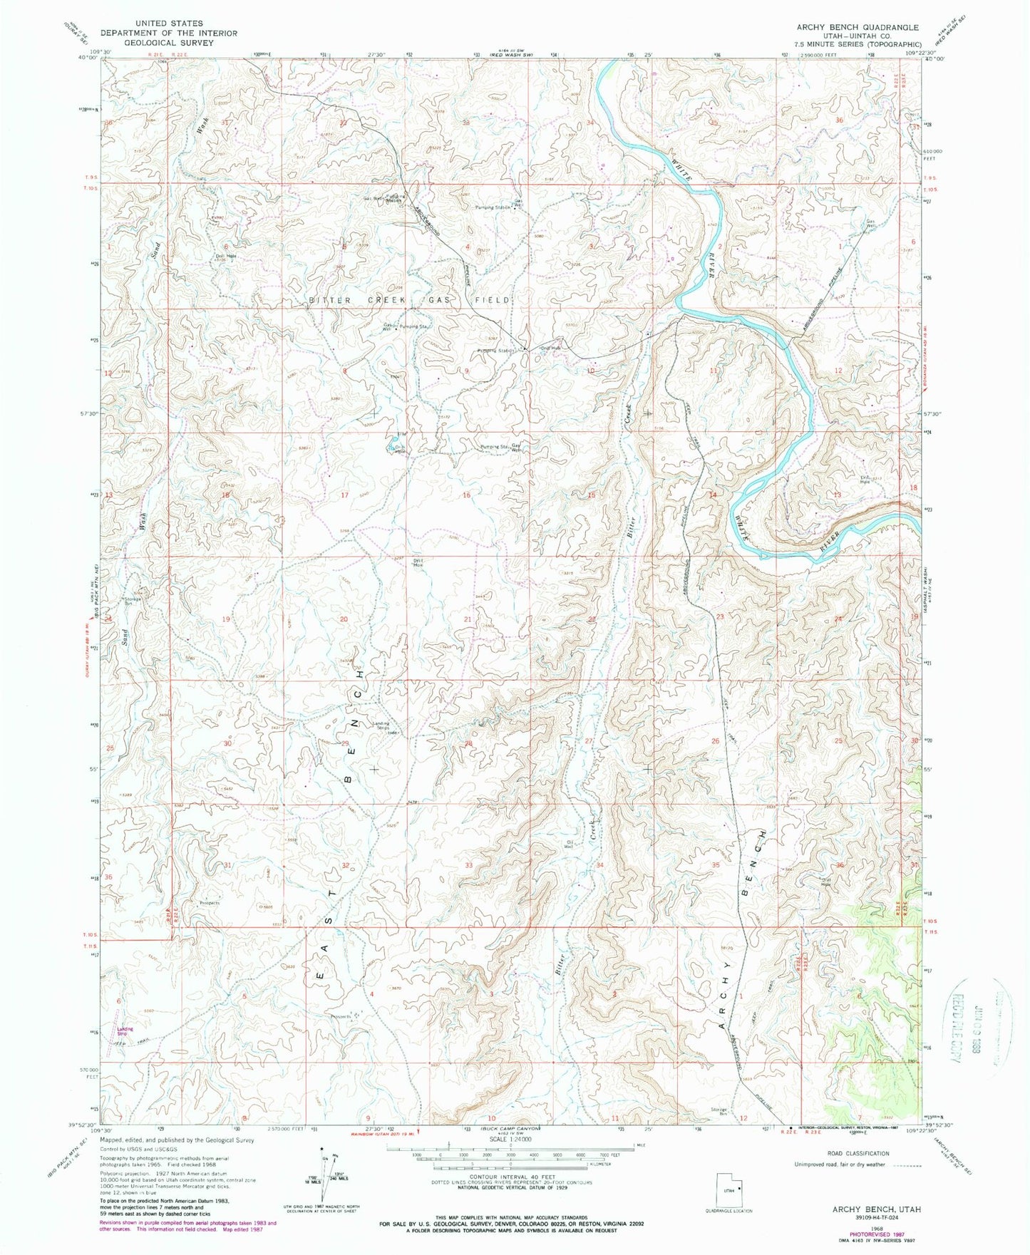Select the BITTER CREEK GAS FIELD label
pos(411,300)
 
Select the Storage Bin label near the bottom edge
pos(718,1110)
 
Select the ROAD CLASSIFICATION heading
pos(858,1153)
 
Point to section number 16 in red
pos(467,495)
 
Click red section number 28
pos(469,743)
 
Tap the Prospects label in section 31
pos(209,903)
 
